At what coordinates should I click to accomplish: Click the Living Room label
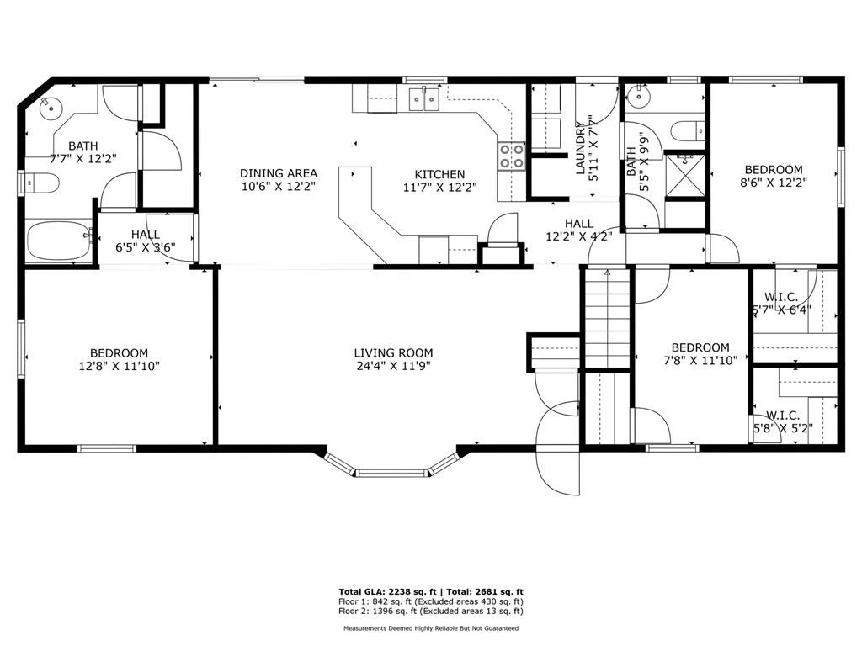[393, 352]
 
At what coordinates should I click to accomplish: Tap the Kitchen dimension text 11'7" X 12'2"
[439, 188]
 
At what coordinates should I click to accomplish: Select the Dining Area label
[279, 173]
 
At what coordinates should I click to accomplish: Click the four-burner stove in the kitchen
[511, 156]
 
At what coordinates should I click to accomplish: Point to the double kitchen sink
[424, 99]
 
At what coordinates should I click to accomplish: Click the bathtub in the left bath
[60, 241]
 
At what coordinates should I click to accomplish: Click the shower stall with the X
[684, 175]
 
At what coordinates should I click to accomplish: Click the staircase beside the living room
[607, 318]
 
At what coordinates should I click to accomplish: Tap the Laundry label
[580, 148]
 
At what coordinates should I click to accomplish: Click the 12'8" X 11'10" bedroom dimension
[120, 366]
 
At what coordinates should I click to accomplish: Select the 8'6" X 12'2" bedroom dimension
[774, 183]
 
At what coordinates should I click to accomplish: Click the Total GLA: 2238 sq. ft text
[387, 591]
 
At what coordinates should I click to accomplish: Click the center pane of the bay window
[392, 473]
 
